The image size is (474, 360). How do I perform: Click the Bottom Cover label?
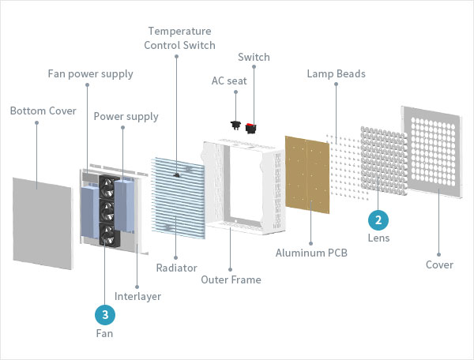click(43, 111)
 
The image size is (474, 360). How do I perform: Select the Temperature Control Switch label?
click(179, 38)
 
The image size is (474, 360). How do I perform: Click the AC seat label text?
click(229, 81)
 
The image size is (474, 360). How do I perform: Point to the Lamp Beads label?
click(336, 74)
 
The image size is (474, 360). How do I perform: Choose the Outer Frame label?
click(231, 279)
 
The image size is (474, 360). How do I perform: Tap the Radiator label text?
click(175, 268)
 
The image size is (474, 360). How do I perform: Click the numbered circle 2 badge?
click(379, 219)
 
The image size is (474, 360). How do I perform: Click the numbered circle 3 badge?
click(104, 315)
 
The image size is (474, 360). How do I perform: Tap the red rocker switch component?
click(252, 126)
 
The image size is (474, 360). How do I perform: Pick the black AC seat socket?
click(235, 123)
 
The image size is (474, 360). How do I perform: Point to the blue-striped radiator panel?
click(179, 197)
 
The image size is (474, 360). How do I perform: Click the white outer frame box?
click(242, 189)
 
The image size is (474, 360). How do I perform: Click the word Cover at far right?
click(439, 264)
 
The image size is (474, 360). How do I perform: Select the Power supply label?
click(126, 116)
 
